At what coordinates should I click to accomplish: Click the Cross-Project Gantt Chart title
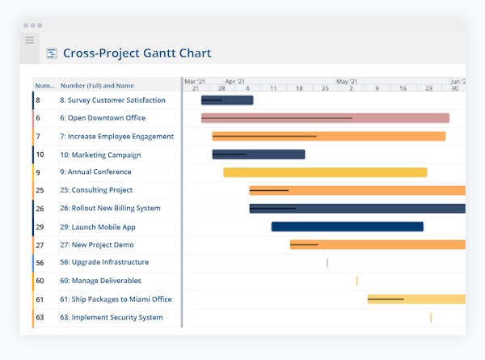point(137,53)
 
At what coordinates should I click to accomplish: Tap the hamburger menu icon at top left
point(30,40)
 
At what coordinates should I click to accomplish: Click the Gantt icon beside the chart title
point(52,53)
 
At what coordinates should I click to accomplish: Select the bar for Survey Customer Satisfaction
point(227,100)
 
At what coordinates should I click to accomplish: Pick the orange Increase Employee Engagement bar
point(328,136)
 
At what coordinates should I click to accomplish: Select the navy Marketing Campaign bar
point(259,155)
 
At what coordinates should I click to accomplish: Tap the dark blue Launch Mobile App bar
point(347,227)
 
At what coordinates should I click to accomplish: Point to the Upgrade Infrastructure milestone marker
point(327,262)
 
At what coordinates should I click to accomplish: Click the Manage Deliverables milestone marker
point(356,281)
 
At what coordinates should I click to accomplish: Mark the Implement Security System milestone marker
point(431,317)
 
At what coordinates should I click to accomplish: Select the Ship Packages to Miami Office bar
point(416,299)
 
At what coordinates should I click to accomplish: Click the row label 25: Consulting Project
point(96,190)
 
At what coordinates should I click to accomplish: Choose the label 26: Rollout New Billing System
point(110,208)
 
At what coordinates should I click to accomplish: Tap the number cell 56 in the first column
point(40,262)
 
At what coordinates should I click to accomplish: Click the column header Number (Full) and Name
point(97,85)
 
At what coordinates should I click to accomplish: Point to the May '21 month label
point(347,82)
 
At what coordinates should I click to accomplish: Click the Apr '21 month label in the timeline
point(235,82)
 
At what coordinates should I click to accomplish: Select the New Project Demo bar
point(377,244)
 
